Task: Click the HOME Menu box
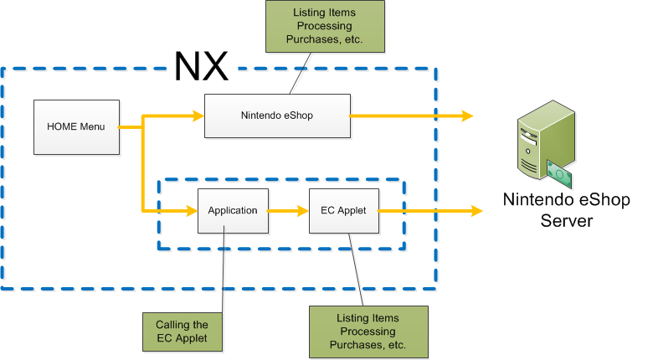click(x=75, y=127)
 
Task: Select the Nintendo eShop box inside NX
click(x=276, y=116)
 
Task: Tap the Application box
click(x=233, y=210)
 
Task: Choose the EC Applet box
click(x=343, y=210)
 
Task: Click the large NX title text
click(x=201, y=65)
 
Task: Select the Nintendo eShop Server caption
click(x=566, y=209)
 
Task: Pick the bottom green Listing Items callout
click(x=368, y=332)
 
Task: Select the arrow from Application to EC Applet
click(x=288, y=210)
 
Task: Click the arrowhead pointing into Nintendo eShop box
click(x=198, y=116)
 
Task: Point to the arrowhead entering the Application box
click(x=191, y=210)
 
